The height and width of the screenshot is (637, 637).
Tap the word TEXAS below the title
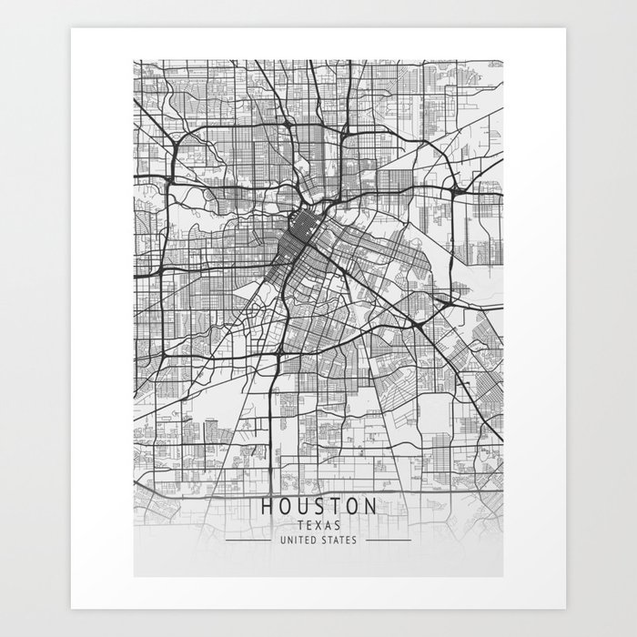point(318,525)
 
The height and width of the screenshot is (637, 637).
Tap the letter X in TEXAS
point(318,525)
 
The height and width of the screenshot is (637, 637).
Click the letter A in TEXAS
point(327,525)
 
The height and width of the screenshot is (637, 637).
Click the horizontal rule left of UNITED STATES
point(246,540)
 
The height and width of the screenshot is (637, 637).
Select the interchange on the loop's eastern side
point(452,189)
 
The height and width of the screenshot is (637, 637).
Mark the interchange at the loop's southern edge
point(276,349)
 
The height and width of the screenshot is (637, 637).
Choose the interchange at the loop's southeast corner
point(415,323)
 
